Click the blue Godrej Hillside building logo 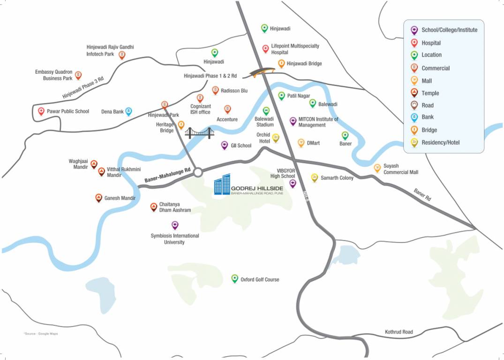[x=223, y=184]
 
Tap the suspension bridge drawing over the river [x=199, y=134]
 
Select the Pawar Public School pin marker [x=41, y=112]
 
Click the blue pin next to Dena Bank [x=128, y=112]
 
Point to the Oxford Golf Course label [x=259, y=279]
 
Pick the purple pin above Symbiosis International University [x=175, y=225]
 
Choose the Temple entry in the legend [x=430, y=93]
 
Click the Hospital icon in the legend [x=414, y=43]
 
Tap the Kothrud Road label [x=399, y=332]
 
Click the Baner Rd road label [x=422, y=195]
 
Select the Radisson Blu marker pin [x=215, y=90]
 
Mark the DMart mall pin [x=301, y=142]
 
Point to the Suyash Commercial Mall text [x=400, y=169]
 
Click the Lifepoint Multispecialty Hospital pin [x=265, y=49]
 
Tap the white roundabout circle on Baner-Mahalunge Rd [x=198, y=172]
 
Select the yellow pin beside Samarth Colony [x=315, y=178]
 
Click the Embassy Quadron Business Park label [x=54, y=75]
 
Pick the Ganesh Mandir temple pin [x=99, y=198]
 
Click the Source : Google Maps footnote [x=41, y=334]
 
